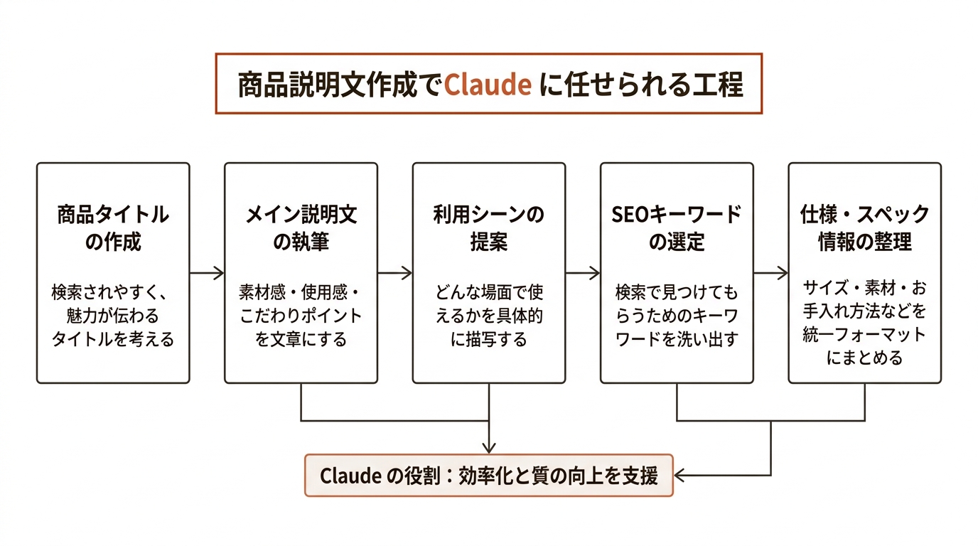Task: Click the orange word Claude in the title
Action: pyautogui.click(x=488, y=85)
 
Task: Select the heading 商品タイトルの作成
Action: pyautogui.click(x=113, y=227)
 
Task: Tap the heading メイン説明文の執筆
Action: pyautogui.click(x=301, y=227)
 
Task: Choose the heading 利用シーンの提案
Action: pyautogui.click(x=489, y=227)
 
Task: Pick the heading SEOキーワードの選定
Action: pyautogui.click(x=677, y=227)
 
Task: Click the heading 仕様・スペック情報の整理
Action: pyautogui.click(x=864, y=227)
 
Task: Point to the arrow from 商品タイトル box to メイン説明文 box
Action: pyautogui.click(x=207, y=272)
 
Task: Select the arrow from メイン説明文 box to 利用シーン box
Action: pyautogui.click(x=394, y=272)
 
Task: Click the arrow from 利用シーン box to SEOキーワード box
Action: pyautogui.click(x=583, y=272)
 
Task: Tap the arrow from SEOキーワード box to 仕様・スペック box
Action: pyautogui.click(x=770, y=272)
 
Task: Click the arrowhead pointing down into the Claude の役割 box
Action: pyautogui.click(x=489, y=447)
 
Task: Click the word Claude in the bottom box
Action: pyautogui.click(x=351, y=476)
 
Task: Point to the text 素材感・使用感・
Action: pyautogui.click(x=301, y=292)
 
